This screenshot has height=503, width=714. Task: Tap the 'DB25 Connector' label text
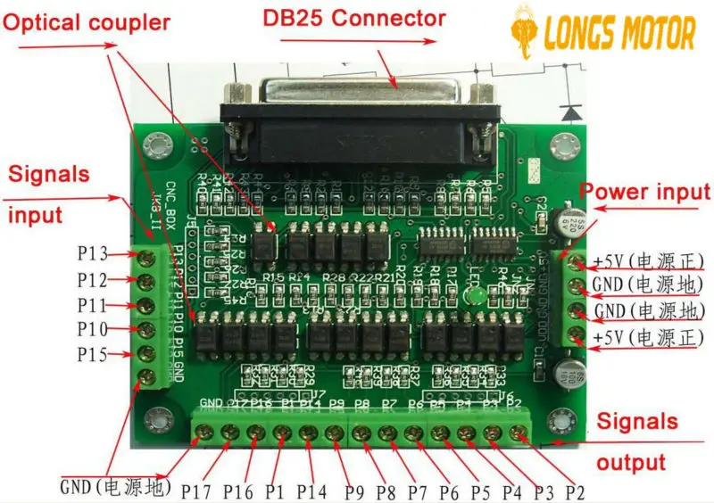(353, 18)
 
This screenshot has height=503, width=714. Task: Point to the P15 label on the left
(92, 355)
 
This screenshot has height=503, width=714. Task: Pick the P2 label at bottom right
(576, 491)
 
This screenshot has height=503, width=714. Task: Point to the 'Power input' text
(645, 192)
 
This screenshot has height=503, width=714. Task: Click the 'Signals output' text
(636, 441)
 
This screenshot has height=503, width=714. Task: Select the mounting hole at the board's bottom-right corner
(562, 416)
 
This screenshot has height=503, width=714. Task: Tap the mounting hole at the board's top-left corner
(159, 144)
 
